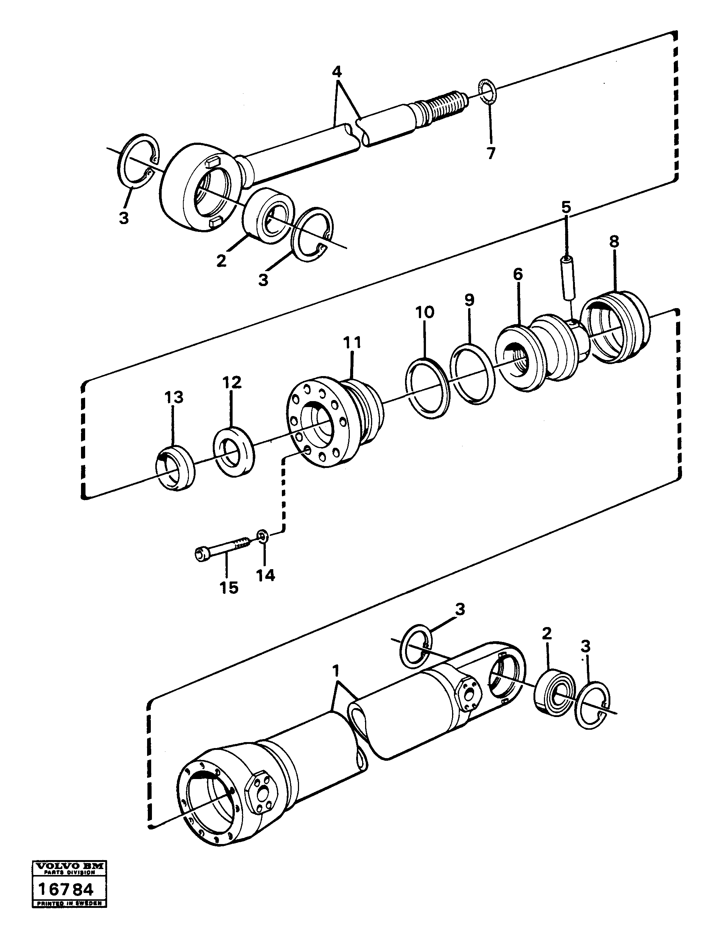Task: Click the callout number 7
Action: pyautogui.click(x=491, y=153)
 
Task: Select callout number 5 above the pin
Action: pyautogui.click(x=566, y=208)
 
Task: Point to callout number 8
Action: pyautogui.click(x=614, y=242)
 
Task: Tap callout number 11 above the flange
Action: pyautogui.click(x=352, y=342)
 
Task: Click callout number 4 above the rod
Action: pyautogui.click(x=337, y=71)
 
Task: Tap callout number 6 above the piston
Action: pyautogui.click(x=518, y=274)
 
